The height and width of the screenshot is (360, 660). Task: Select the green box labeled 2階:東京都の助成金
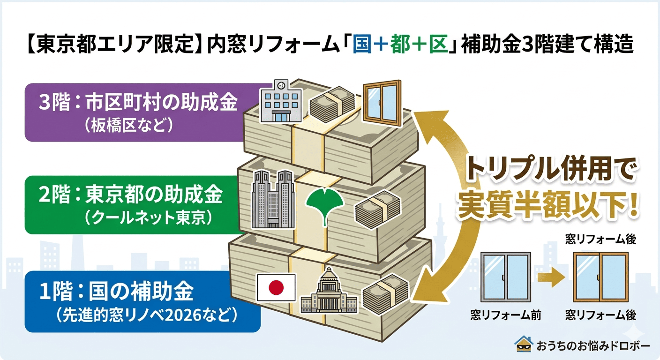click(x=131, y=205)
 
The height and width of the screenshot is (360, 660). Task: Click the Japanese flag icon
click(x=277, y=287)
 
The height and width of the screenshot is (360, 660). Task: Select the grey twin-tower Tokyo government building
click(x=273, y=199)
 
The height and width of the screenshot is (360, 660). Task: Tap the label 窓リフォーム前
click(x=506, y=315)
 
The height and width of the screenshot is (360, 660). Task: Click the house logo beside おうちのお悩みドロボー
click(x=524, y=344)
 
